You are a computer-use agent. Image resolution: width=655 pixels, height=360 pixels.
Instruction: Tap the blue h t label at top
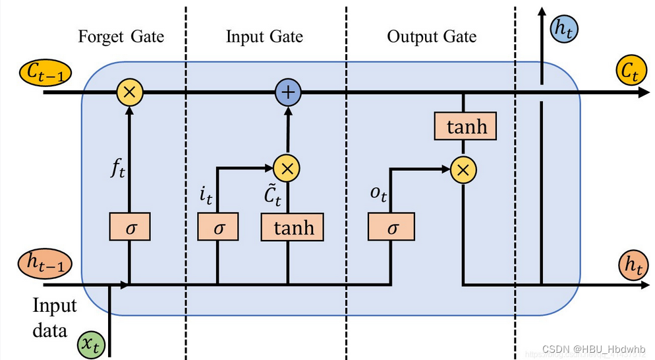tap(563, 28)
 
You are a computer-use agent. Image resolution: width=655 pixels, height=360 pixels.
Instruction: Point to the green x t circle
tap(90, 344)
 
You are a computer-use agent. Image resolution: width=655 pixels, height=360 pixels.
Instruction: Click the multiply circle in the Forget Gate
tap(130, 92)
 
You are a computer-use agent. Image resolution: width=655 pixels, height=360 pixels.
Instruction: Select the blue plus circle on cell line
tap(287, 92)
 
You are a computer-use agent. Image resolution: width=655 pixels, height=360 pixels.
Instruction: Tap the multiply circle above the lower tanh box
tap(287, 168)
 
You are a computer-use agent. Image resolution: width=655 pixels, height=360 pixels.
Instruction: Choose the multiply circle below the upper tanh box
tap(463, 170)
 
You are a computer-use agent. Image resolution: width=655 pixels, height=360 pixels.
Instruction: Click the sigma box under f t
tap(130, 228)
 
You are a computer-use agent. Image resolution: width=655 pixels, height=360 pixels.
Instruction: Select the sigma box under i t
tap(217, 228)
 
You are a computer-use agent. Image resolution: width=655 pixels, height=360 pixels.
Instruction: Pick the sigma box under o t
tap(391, 228)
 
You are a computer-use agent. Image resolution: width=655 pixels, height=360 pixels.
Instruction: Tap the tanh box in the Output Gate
tap(465, 127)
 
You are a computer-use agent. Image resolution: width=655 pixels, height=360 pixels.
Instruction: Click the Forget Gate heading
tap(121, 36)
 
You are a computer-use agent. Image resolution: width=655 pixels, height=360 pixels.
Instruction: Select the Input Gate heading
tap(264, 36)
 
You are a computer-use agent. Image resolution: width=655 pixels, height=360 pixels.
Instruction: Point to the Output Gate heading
tap(432, 36)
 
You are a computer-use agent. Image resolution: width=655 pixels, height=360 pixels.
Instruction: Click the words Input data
tap(55, 317)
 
